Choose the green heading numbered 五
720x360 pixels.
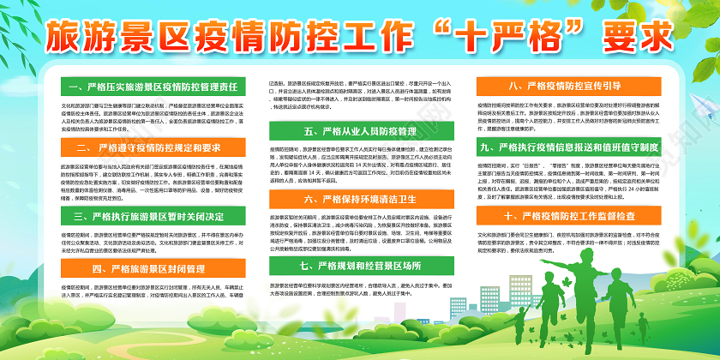coord(359,131)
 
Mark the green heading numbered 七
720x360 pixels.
coord(359,266)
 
